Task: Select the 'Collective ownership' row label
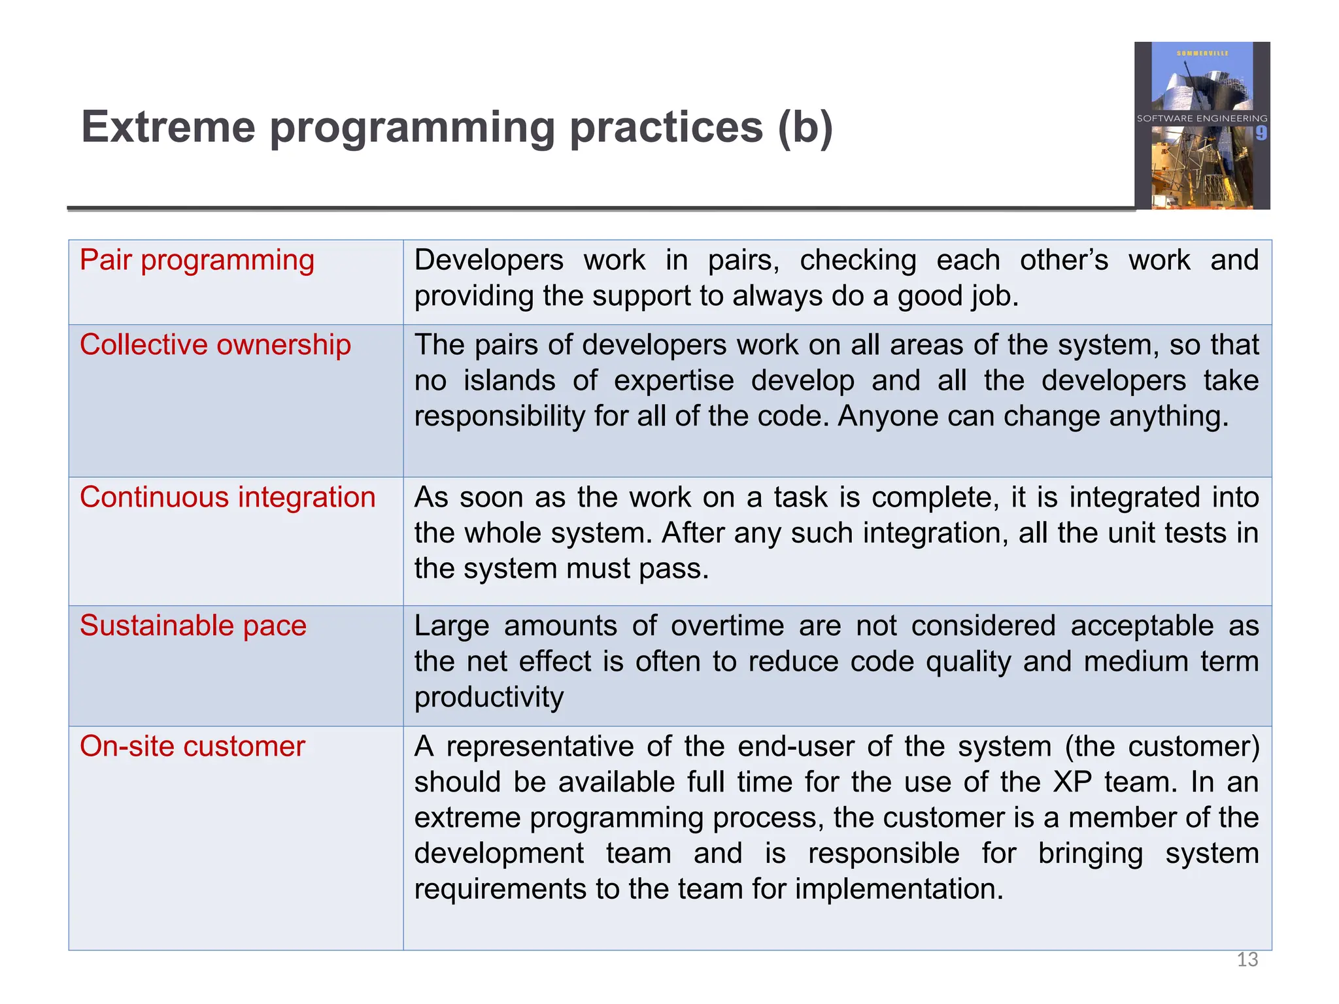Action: (215, 345)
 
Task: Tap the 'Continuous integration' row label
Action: (228, 497)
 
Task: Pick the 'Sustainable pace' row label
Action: (193, 626)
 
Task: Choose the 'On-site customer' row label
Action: (192, 746)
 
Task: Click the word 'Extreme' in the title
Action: (168, 127)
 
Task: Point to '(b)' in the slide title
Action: (805, 127)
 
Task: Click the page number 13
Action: (1247, 960)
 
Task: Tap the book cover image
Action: (1202, 125)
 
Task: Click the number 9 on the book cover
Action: (1261, 133)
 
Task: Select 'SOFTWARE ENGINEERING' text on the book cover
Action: (1201, 118)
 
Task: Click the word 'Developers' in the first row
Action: (488, 260)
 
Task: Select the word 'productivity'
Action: (488, 698)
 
